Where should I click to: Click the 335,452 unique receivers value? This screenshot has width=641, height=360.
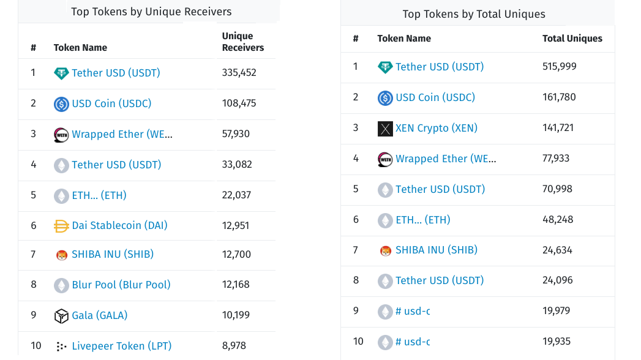[x=239, y=73]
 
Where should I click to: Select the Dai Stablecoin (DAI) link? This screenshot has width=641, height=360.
[x=119, y=225]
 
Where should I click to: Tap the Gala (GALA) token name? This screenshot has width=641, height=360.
[x=99, y=315]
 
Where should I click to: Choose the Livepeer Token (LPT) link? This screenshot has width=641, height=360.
[x=121, y=346]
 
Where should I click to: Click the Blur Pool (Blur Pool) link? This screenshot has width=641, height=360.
[x=121, y=285]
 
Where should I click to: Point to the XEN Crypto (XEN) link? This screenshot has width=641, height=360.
[x=436, y=128]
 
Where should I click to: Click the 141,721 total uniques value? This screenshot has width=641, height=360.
[x=560, y=128]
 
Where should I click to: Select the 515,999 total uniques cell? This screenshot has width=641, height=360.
[x=560, y=66]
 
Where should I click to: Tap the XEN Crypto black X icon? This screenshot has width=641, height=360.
[x=385, y=129]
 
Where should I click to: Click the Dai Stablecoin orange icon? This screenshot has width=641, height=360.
[x=61, y=226]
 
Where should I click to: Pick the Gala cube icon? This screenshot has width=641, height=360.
[x=61, y=316]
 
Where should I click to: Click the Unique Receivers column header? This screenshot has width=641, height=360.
[x=243, y=42]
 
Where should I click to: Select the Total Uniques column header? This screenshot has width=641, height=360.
[x=572, y=39]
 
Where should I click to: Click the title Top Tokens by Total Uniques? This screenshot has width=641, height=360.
[x=474, y=13]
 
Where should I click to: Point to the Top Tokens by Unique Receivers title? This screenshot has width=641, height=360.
[x=151, y=12]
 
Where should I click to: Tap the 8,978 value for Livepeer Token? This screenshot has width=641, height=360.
[x=234, y=346]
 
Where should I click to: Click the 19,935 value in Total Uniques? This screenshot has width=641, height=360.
[x=557, y=342]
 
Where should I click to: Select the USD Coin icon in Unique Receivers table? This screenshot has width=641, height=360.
[x=61, y=104]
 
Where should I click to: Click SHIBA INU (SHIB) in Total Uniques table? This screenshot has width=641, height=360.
[x=436, y=250]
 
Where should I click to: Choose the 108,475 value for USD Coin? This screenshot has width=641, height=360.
[x=239, y=103]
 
